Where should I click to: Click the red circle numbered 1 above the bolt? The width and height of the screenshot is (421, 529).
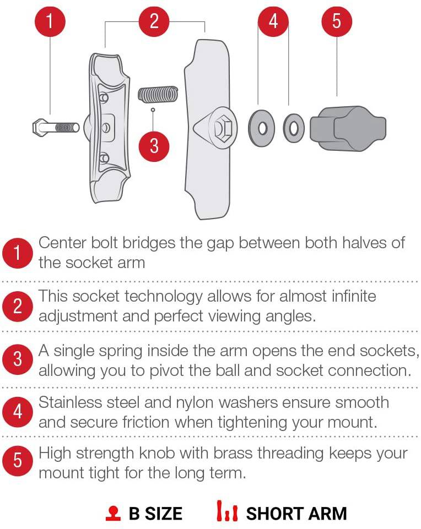point(50,21)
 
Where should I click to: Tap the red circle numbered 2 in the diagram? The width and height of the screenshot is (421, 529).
point(154,21)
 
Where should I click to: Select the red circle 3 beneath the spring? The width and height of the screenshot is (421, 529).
point(154,146)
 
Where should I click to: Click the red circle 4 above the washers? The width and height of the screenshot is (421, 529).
point(273,21)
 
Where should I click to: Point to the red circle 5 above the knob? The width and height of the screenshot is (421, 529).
point(337,21)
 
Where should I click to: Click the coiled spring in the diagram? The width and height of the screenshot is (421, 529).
point(158,94)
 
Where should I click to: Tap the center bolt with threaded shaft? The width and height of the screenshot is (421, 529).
point(56,128)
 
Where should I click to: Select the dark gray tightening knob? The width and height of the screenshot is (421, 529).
point(348,129)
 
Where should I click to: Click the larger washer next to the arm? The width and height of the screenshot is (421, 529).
point(261,128)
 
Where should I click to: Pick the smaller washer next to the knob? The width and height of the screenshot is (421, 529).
point(293,128)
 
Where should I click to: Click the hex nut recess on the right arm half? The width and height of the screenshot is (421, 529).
point(224,128)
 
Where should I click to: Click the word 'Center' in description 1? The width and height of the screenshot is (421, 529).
point(62,243)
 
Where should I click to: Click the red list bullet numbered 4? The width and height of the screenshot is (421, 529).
point(18,412)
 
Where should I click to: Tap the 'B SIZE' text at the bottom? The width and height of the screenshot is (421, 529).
point(155,514)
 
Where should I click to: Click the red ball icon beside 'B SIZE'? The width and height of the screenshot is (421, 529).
point(113,513)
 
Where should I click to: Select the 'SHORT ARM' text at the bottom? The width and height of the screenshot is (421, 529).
point(296,514)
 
